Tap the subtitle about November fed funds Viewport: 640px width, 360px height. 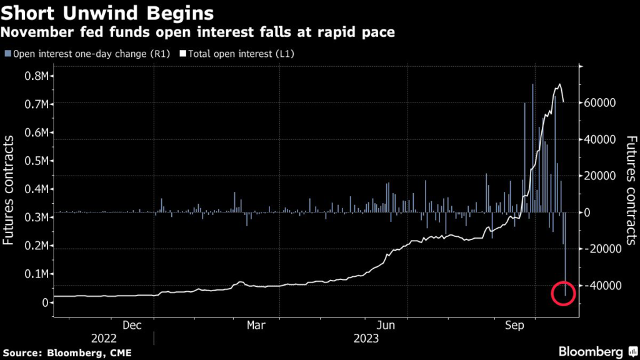click(199, 32)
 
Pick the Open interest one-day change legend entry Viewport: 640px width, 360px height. click(87, 54)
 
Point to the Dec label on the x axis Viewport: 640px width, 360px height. click(131, 325)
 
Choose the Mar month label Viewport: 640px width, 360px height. click(256, 325)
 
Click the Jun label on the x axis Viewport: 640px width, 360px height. click(386, 325)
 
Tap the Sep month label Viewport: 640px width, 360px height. click(514, 325)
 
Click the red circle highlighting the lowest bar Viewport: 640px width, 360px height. click(564, 294)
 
